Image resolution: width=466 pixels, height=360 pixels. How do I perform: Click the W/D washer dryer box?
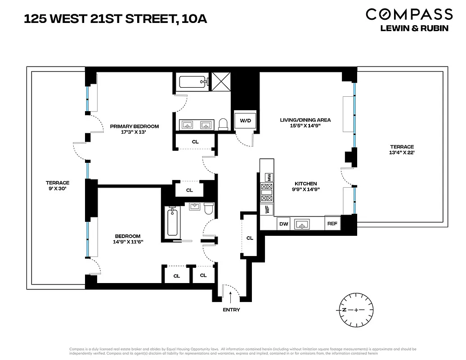(245, 121)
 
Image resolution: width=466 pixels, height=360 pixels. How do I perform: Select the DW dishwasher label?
(283, 224)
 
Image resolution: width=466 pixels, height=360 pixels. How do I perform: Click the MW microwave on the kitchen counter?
(269, 177)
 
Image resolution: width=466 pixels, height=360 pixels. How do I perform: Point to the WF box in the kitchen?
(267, 209)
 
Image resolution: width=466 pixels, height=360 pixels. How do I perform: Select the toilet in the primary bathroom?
(223, 124)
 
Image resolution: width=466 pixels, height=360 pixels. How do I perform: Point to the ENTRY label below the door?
(231, 310)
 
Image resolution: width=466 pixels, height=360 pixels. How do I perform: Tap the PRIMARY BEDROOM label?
(134, 126)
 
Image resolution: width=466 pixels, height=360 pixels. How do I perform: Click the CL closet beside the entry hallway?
(250, 238)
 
